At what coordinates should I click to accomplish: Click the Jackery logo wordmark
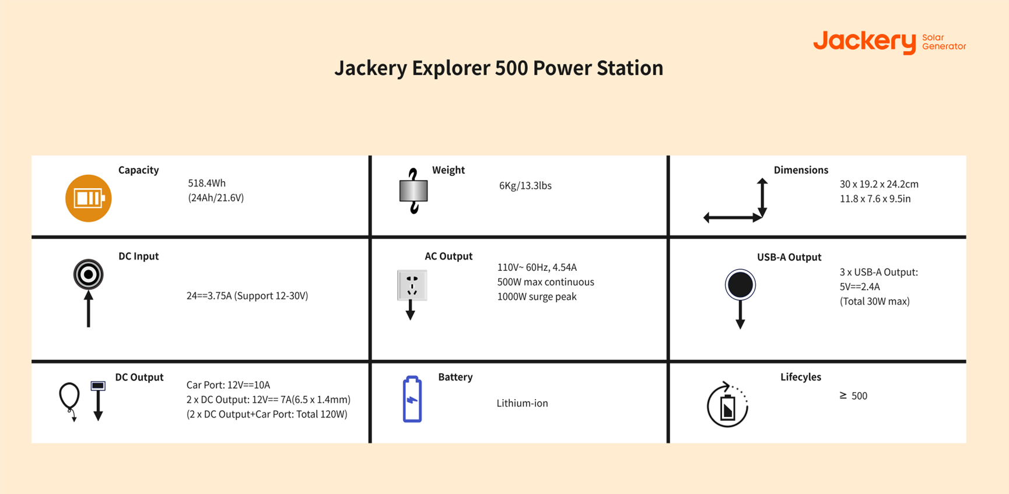click(864, 41)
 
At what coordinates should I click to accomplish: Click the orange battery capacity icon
click(88, 198)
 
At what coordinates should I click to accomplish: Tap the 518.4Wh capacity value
click(206, 183)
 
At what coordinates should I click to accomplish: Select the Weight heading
click(448, 170)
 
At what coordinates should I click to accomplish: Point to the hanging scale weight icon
click(414, 191)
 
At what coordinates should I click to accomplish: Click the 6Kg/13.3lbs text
click(525, 186)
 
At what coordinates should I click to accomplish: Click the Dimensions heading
click(800, 170)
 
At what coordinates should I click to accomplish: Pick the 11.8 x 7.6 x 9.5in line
click(875, 199)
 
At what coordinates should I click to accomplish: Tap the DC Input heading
click(138, 256)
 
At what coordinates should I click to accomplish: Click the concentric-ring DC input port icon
click(88, 274)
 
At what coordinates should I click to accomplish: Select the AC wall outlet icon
click(412, 285)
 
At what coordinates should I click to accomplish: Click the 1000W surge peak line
click(537, 297)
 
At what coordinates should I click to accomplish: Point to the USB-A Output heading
click(789, 257)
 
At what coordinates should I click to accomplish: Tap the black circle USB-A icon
click(740, 285)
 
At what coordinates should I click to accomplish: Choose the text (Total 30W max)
click(874, 301)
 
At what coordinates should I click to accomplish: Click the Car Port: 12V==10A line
click(228, 385)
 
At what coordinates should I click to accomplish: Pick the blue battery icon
click(412, 399)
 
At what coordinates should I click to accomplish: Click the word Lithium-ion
click(522, 403)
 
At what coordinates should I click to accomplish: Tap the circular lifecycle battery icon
click(727, 405)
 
